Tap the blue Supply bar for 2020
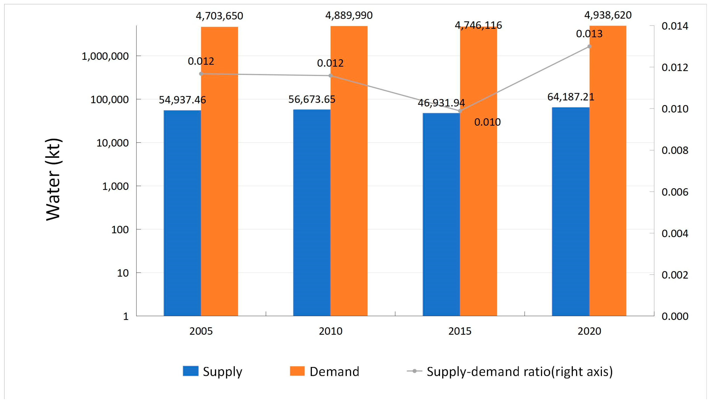(570, 211)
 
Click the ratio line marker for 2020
(589, 47)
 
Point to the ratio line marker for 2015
(460, 111)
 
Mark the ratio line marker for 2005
(201, 74)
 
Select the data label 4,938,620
(608, 15)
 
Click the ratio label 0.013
(589, 34)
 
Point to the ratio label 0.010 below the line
(487, 122)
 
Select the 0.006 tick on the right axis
(675, 192)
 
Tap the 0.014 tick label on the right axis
(675, 26)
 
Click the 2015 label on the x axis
(460, 331)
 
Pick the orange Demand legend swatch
(297, 371)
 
